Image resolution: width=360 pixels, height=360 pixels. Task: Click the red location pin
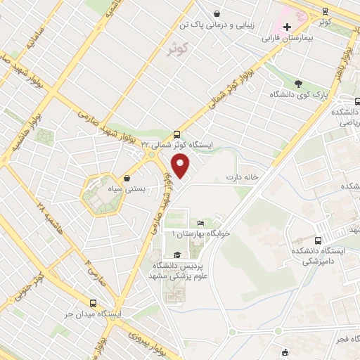click(181, 167)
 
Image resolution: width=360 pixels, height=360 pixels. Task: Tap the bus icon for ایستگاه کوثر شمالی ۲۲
click(176, 134)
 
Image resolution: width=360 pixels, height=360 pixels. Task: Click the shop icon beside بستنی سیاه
click(127, 178)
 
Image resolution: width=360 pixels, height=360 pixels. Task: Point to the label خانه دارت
click(244, 177)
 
